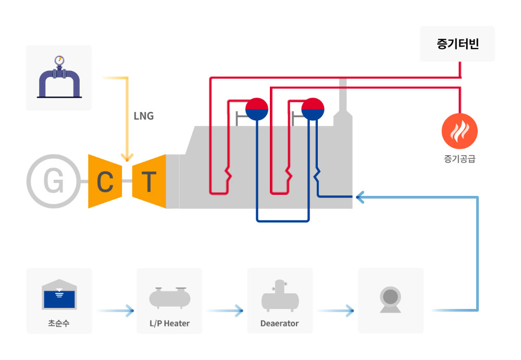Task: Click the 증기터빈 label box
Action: [x=457, y=44]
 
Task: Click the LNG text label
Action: [x=144, y=116]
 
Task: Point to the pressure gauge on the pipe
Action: [x=59, y=60]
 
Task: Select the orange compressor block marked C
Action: [x=105, y=181]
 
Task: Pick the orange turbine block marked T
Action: [x=149, y=181]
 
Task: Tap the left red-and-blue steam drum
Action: [x=256, y=109]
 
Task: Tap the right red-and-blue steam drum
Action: [x=313, y=109]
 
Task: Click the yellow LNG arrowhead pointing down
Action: [x=127, y=156]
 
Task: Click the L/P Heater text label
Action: [x=169, y=324]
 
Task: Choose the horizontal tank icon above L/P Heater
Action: [x=169, y=297]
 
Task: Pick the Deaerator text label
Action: [x=280, y=324]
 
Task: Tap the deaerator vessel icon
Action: [x=280, y=296]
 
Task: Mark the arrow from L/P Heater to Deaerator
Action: [x=226, y=311]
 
